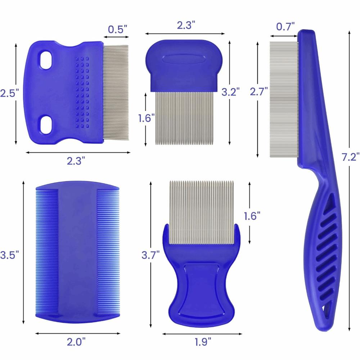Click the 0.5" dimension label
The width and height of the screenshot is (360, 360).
click(x=118, y=29)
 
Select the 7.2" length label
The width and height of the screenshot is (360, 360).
click(x=351, y=157)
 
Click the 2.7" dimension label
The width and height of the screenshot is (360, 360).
click(x=258, y=92)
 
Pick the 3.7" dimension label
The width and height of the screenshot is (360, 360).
click(x=150, y=255)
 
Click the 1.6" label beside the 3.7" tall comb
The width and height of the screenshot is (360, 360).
click(x=252, y=216)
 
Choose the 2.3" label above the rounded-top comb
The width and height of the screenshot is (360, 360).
click(x=186, y=25)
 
